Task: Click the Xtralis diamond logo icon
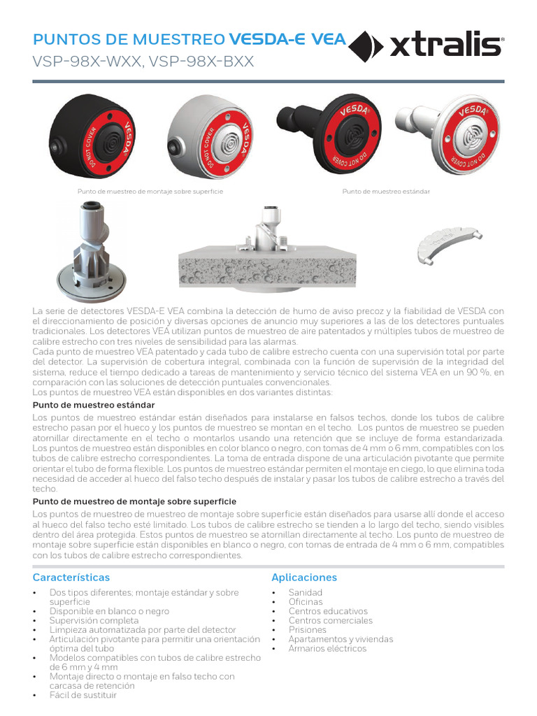click(x=366, y=45)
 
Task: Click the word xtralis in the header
click(x=445, y=45)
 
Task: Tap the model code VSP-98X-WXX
click(x=86, y=62)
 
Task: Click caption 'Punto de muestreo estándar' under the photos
click(x=386, y=191)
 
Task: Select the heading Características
click(x=71, y=578)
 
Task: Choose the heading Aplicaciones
click(x=304, y=578)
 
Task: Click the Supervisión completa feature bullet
click(x=94, y=620)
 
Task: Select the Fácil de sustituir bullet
click(x=83, y=695)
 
